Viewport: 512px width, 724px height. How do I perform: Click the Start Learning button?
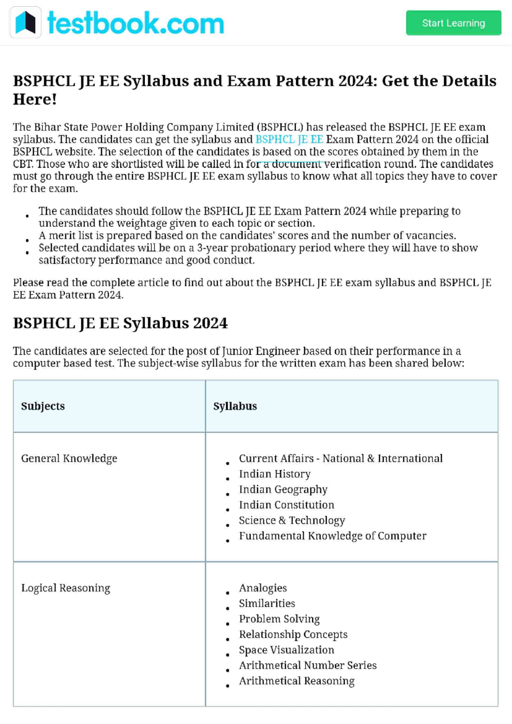(x=453, y=23)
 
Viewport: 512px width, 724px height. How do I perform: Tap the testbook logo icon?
(x=26, y=23)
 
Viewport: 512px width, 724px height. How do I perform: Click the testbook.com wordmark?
(x=135, y=23)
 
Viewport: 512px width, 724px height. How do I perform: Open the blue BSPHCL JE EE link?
(x=289, y=140)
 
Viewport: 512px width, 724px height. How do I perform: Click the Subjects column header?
(x=43, y=406)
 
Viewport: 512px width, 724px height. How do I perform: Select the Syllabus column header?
(x=235, y=406)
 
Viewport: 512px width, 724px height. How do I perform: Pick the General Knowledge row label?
(x=69, y=458)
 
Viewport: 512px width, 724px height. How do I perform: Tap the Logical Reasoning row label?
(x=66, y=588)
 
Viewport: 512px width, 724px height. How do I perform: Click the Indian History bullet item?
(x=275, y=474)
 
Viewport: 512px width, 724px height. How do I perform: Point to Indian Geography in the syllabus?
(x=283, y=490)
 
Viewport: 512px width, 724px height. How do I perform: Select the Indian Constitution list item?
(x=287, y=505)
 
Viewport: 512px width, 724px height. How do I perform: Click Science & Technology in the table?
(x=292, y=520)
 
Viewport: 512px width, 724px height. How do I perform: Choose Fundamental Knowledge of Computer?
(x=332, y=536)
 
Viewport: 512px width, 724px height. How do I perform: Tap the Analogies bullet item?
(x=263, y=588)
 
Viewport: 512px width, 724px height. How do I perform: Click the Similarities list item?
(x=267, y=604)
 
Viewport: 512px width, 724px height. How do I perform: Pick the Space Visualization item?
(x=287, y=650)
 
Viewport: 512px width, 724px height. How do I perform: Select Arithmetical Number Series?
(x=308, y=666)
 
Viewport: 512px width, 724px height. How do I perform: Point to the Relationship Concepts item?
(x=293, y=634)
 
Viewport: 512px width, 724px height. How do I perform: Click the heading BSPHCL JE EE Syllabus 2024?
(x=120, y=323)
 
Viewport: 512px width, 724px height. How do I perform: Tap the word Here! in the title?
(x=35, y=99)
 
